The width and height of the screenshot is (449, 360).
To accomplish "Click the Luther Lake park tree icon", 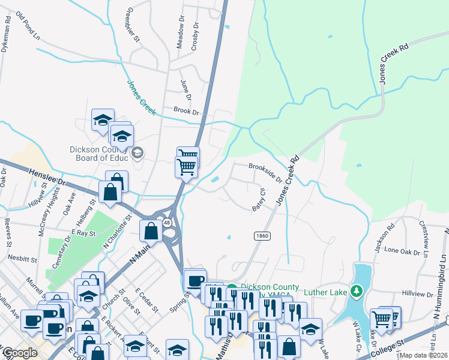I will coord(357,292).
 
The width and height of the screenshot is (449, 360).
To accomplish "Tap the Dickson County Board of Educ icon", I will coord(137,152).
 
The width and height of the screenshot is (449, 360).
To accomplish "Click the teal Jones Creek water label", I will coord(141,98).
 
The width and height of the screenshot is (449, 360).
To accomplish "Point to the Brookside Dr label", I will coord(265,172).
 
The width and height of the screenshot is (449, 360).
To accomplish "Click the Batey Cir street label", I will coord(259,200).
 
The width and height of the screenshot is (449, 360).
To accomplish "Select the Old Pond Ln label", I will coord(28,26).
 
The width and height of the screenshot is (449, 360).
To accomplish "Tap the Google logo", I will coord(20,353).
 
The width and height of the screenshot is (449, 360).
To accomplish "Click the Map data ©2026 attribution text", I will coord(424,355).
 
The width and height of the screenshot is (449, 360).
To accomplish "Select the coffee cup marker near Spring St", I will coord(194,280).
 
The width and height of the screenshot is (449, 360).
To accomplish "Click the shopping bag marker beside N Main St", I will coord(149,230).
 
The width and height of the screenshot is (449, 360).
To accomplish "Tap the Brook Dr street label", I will coord(185,111).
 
